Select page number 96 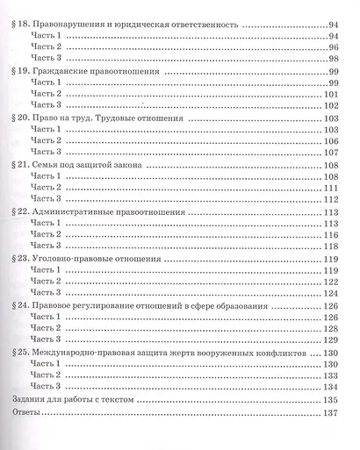pyautogui.click(x=332, y=42)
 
